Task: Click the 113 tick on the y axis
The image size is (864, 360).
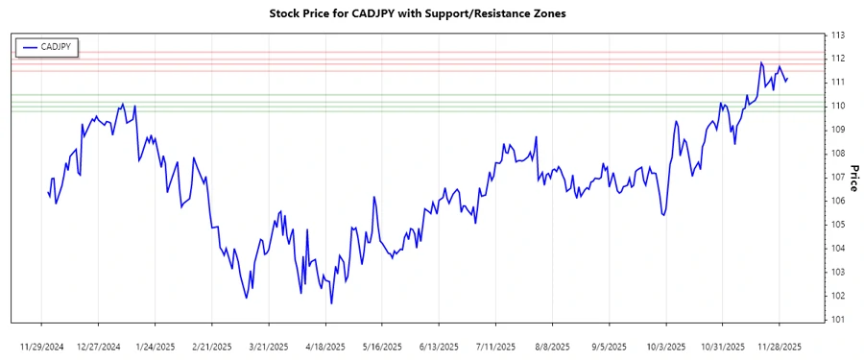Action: point(838,35)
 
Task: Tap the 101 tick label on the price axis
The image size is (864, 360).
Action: point(838,319)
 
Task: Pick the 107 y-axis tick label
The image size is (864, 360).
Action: point(838,177)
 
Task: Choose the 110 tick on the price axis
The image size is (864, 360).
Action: point(838,106)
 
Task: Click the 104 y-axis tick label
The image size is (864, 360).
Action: point(838,248)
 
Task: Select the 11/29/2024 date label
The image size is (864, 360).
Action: point(42,345)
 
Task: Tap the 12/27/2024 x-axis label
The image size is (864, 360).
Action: point(99,345)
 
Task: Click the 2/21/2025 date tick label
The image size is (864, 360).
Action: point(212,345)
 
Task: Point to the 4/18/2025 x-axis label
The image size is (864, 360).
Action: point(325,345)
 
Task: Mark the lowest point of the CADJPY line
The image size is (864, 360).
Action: point(331,303)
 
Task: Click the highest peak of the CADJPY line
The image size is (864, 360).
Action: point(760,62)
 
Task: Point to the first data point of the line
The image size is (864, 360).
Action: point(48,192)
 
